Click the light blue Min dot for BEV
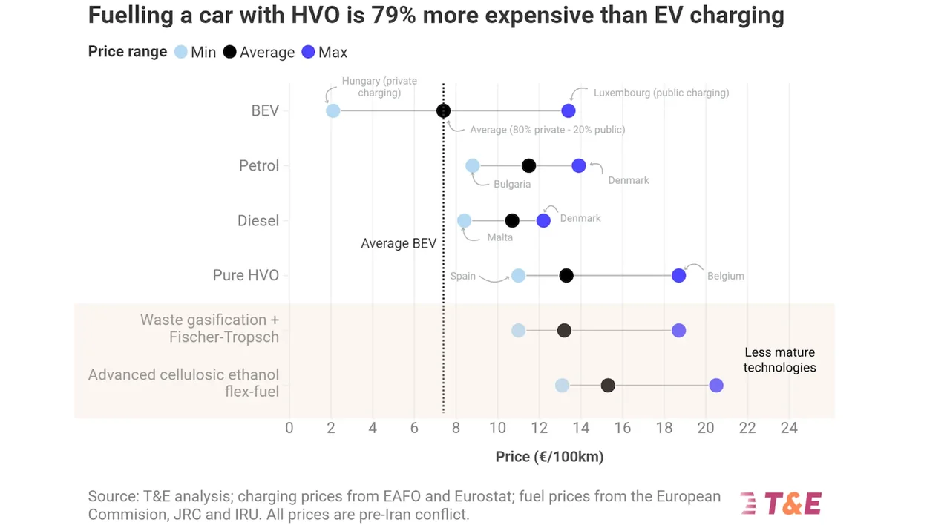[332, 110]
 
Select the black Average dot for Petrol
[528, 165]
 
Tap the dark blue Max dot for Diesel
[543, 220]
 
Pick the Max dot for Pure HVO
[678, 275]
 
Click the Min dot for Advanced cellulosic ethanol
[562, 386]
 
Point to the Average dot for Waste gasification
[564, 330]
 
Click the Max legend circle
[308, 52]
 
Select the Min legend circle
[180, 52]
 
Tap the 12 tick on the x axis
[539, 428]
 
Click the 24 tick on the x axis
[789, 428]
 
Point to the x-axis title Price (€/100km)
[549, 457]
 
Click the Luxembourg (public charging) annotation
[661, 93]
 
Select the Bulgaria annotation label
[511, 184]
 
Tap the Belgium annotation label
[725, 276]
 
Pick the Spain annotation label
[462, 276]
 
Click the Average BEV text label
[399, 243]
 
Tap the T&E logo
[781, 504]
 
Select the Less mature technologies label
[779, 360]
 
